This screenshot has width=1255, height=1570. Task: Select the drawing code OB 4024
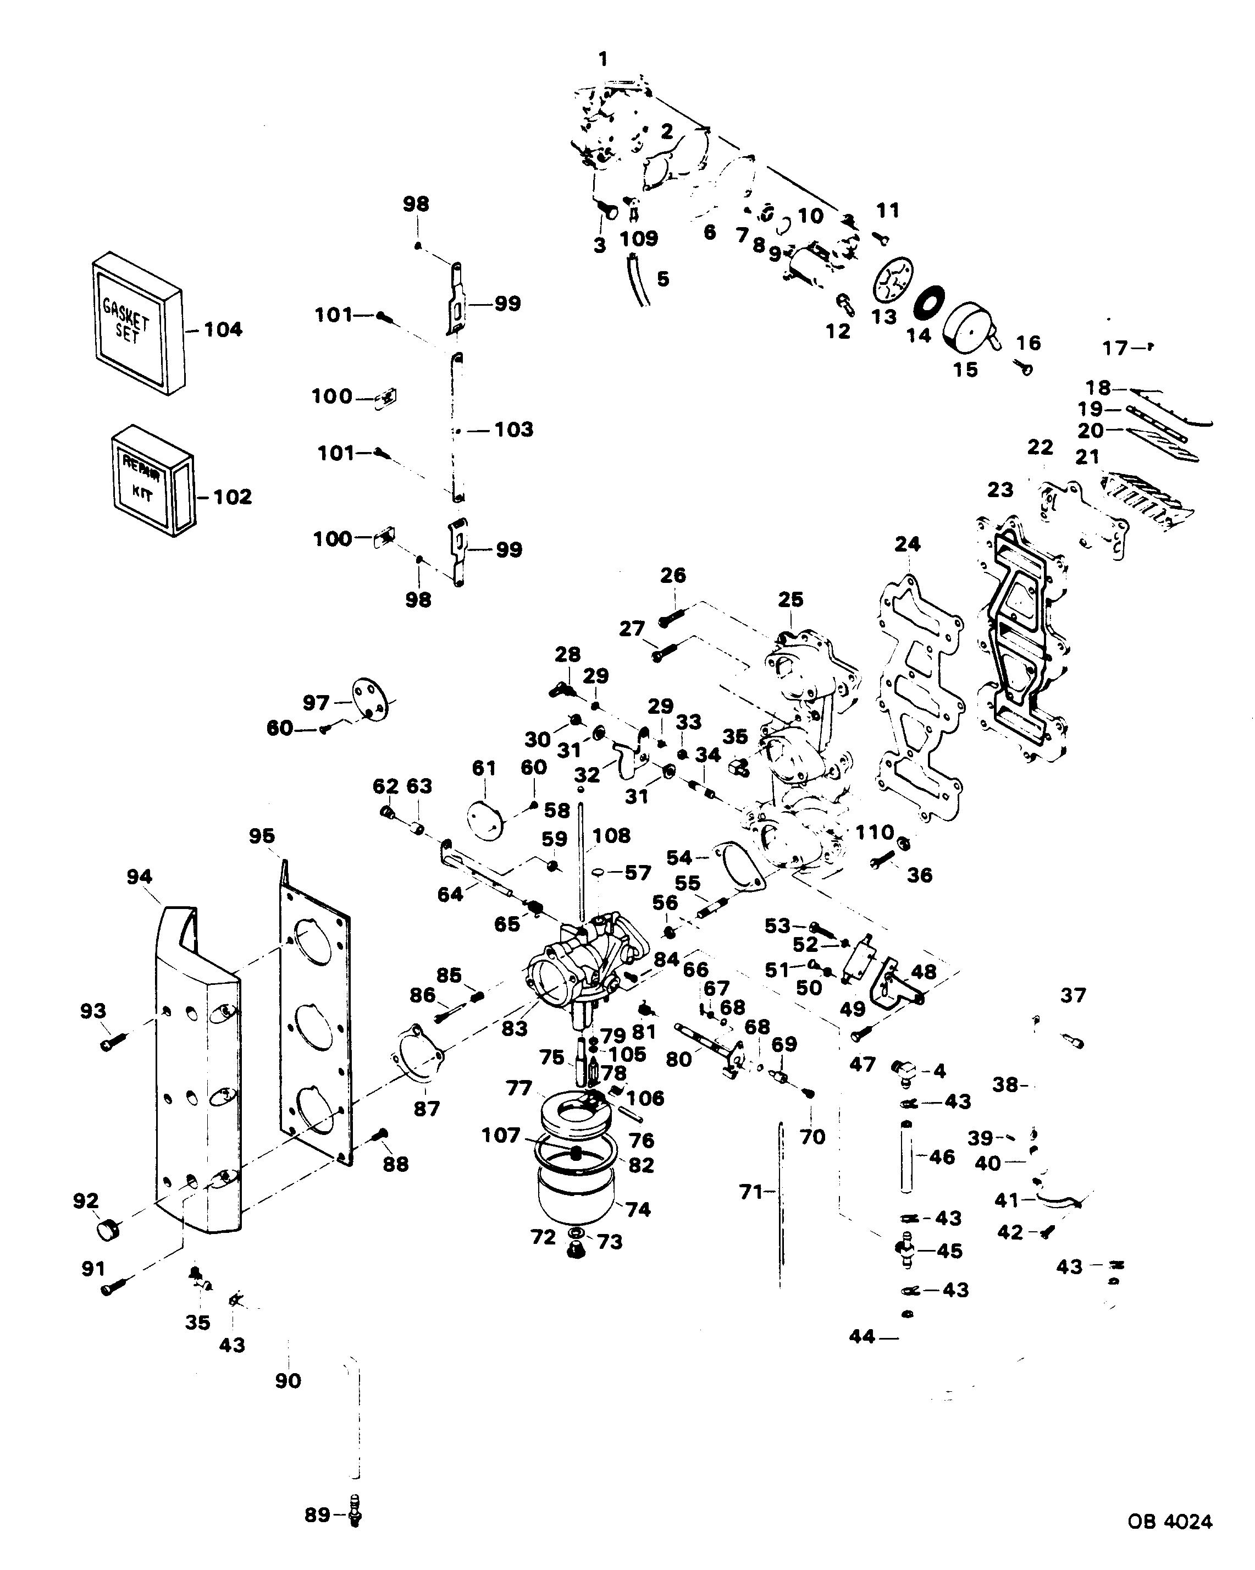tap(1170, 1521)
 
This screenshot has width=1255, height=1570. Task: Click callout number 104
tap(223, 330)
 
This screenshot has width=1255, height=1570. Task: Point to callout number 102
tap(232, 497)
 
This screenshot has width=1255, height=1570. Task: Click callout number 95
tap(261, 835)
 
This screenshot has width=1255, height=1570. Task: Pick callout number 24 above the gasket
tap(908, 544)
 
